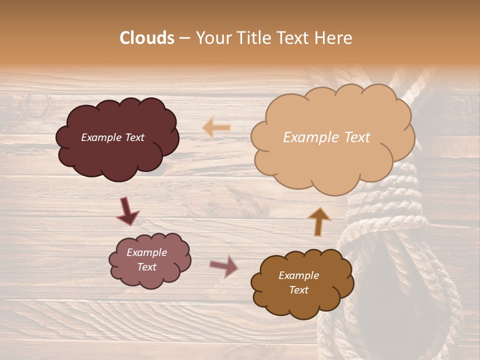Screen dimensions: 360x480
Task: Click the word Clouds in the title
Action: click(x=147, y=38)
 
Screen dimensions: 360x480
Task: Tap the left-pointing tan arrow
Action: click(x=216, y=127)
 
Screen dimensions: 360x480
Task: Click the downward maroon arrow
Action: click(x=127, y=211)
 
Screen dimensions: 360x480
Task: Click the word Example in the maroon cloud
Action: click(x=101, y=137)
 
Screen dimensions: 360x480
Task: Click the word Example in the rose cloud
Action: click(x=146, y=252)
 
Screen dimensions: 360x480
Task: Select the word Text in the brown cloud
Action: click(x=298, y=290)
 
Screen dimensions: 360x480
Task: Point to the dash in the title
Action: click(x=184, y=38)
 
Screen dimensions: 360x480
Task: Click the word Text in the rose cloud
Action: click(x=146, y=267)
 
